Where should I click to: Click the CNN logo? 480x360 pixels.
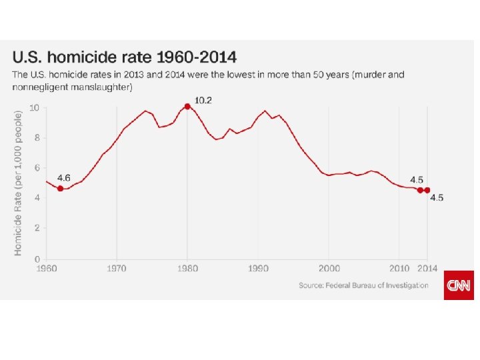[459, 285]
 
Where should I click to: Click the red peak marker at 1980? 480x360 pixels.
[187, 106]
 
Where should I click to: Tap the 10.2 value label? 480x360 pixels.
[203, 100]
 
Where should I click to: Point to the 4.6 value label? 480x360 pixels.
[64, 178]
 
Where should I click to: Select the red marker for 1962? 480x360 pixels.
[60, 189]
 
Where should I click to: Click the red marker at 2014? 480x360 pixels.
[427, 190]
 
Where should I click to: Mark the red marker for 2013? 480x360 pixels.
[420, 190]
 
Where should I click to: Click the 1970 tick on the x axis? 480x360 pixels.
[117, 269]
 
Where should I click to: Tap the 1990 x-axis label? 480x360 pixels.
[258, 269]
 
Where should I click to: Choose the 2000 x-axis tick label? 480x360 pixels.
[329, 269]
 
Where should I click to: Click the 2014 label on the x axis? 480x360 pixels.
[427, 269]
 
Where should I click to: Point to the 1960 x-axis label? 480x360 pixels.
[46, 269]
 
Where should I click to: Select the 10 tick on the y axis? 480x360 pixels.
[35, 108]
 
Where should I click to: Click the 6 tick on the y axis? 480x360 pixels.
[37, 168]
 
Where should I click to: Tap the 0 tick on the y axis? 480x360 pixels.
[37, 259]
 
